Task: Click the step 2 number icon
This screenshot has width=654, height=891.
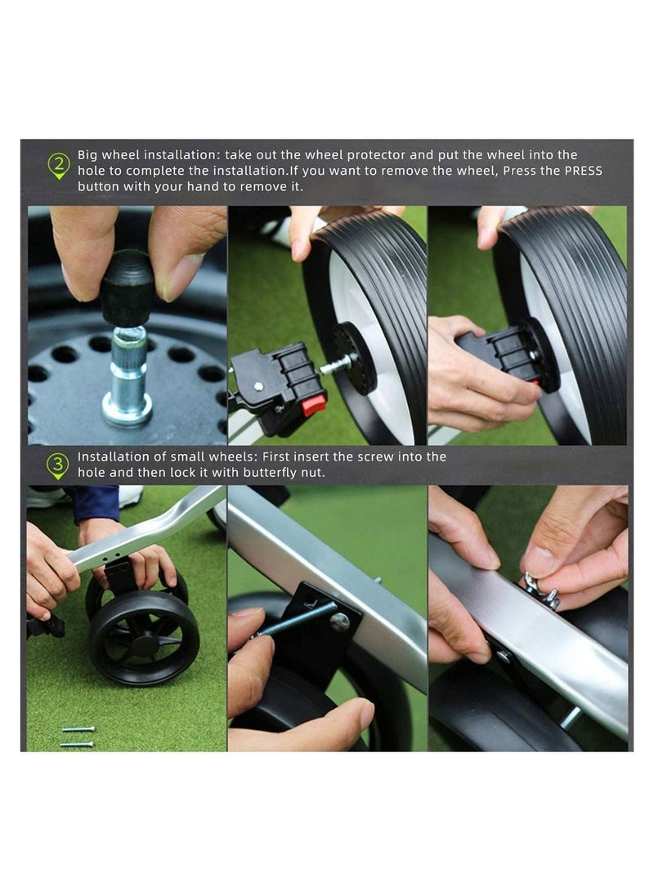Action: (58, 167)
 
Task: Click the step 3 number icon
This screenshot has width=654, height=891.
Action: (58, 466)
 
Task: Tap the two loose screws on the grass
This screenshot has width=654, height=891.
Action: (77, 736)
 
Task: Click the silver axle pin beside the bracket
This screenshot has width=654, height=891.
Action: (334, 365)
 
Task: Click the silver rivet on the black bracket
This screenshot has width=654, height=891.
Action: (338, 622)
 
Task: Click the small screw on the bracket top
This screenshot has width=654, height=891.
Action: (258, 386)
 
